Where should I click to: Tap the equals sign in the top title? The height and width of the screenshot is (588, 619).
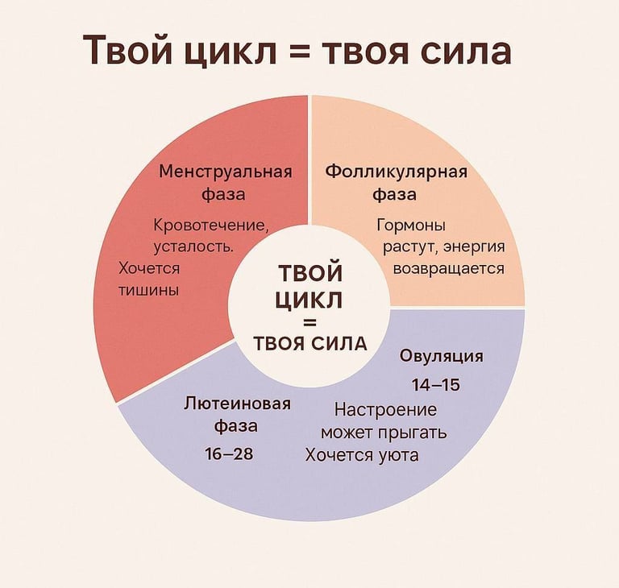click(301, 52)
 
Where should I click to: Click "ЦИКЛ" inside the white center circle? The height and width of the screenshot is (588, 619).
click(309, 300)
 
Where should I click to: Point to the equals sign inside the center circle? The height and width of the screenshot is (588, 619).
click(309, 322)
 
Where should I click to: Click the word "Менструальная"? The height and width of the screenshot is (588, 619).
click(225, 172)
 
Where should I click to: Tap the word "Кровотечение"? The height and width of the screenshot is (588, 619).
click(210, 225)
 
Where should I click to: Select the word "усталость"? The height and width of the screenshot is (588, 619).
click(193, 246)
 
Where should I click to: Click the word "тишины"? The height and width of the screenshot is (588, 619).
click(149, 289)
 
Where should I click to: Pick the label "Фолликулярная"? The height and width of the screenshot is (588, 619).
click(395, 172)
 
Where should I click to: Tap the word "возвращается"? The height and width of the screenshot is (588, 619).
click(448, 268)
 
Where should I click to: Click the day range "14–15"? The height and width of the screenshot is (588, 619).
click(435, 384)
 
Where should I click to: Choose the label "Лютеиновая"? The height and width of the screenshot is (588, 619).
click(237, 404)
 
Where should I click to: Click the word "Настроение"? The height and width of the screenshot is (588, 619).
click(385, 410)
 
